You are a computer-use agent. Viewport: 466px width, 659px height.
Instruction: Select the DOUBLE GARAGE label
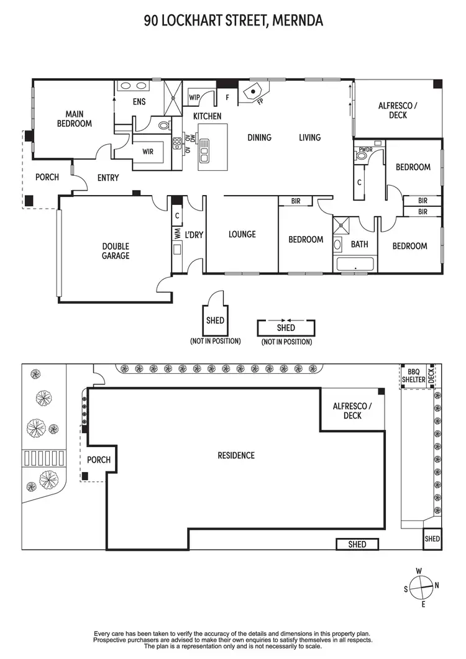pyautogui.click(x=116, y=251)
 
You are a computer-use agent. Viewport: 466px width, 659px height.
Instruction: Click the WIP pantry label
pyautogui.click(x=193, y=98)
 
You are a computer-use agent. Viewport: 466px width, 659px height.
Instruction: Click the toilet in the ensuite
pyautogui.click(x=163, y=125)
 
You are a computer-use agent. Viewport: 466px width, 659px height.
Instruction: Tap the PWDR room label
pyautogui.click(x=365, y=149)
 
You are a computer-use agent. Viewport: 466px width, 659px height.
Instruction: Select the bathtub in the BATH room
pyautogui.click(x=354, y=265)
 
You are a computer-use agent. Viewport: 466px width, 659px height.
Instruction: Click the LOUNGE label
pyautogui.click(x=242, y=234)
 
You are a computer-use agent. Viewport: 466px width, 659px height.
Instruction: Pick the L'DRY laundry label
pyautogui.click(x=194, y=235)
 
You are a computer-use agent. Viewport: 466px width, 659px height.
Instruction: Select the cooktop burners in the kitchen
pyautogui.click(x=177, y=143)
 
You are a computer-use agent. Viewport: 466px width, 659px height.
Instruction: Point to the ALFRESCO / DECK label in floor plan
pyautogui.click(x=398, y=111)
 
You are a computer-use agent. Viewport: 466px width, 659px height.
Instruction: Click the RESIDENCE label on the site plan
pyautogui.click(x=236, y=455)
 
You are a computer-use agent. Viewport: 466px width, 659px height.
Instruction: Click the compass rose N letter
pyautogui.click(x=436, y=584)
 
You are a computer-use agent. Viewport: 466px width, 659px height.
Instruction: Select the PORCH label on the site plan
pyautogui.click(x=99, y=460)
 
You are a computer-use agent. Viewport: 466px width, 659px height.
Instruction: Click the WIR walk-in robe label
pyautogui.click(x=148, y=152)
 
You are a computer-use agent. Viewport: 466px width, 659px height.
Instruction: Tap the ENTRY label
pyautogui.click(x=108, y=178)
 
